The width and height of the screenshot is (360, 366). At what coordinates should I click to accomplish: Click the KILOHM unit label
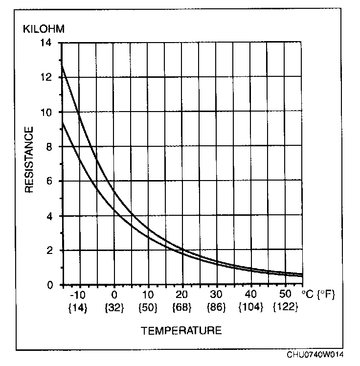coord(44,28)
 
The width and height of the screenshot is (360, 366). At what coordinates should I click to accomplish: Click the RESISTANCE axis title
coord(30,160)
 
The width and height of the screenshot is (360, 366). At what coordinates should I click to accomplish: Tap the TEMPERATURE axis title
coord(181,331)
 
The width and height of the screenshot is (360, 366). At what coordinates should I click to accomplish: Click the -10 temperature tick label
coord(78,296)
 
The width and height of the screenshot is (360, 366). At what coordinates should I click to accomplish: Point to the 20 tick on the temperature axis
coord(182,296)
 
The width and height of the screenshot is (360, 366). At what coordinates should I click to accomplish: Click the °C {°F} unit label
coord(318,295)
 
